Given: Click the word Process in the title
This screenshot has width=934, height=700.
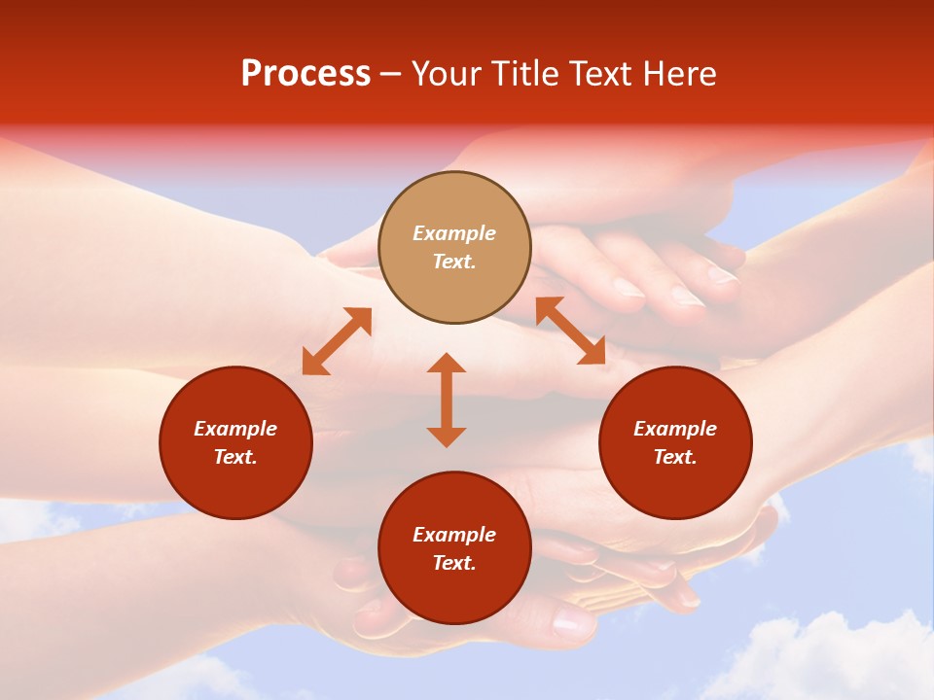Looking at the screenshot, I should (305, 74).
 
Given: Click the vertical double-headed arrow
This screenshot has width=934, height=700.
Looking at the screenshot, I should (447, 400).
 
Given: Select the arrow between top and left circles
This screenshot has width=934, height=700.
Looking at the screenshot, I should (337, 341).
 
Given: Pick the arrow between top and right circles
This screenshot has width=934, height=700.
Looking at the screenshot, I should (571, 331).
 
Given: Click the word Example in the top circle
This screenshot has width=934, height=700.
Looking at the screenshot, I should (454, 233).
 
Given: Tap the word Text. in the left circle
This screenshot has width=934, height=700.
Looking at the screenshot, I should (235, 457).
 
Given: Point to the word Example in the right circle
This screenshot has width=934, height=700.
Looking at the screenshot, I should (675, 429).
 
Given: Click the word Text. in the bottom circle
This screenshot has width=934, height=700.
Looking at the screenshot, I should (454, 563).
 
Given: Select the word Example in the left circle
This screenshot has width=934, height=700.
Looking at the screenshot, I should (235, 429).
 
